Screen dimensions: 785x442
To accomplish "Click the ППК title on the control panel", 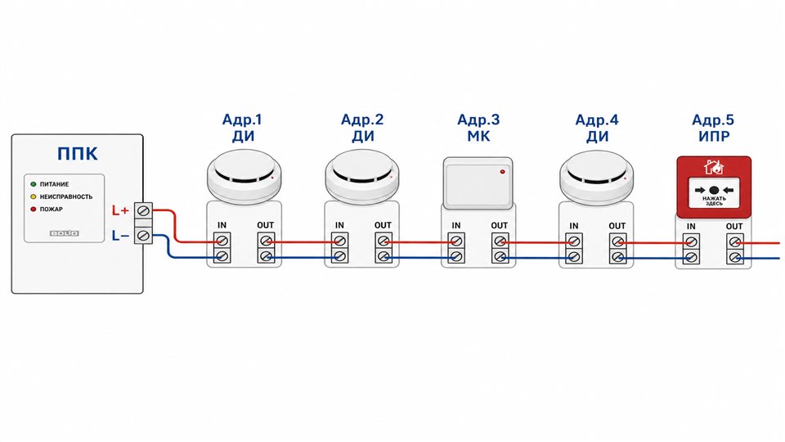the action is coord(78,153).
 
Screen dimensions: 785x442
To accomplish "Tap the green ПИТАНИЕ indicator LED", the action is coord(34,184).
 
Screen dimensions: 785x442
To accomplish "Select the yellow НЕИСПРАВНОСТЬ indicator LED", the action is coord(34,196).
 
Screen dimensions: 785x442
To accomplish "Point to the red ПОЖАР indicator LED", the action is coord(34,209).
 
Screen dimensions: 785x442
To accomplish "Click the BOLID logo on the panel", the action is coord(64,233).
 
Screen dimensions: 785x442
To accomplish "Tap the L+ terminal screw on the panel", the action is coord(143,210).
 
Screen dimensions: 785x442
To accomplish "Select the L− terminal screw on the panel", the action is coord(143,235).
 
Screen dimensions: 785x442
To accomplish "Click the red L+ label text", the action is coord(120,211).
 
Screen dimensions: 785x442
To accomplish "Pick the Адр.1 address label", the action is coord(242,120).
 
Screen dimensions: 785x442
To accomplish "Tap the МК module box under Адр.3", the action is coord(478,183).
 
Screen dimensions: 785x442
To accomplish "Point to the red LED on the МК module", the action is coord(502,172).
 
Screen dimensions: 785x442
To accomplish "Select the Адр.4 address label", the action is coord(597,120).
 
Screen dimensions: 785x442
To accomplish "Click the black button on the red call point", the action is coord(714,191).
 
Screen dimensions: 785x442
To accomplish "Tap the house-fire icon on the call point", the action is coord(713,167).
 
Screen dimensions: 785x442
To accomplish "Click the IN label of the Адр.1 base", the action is coord(222,226).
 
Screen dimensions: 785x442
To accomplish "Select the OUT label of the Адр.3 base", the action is coord(499,226).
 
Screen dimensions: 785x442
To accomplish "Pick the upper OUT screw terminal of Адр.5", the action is coord(734,242).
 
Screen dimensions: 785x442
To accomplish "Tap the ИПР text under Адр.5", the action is coord(714,137).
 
